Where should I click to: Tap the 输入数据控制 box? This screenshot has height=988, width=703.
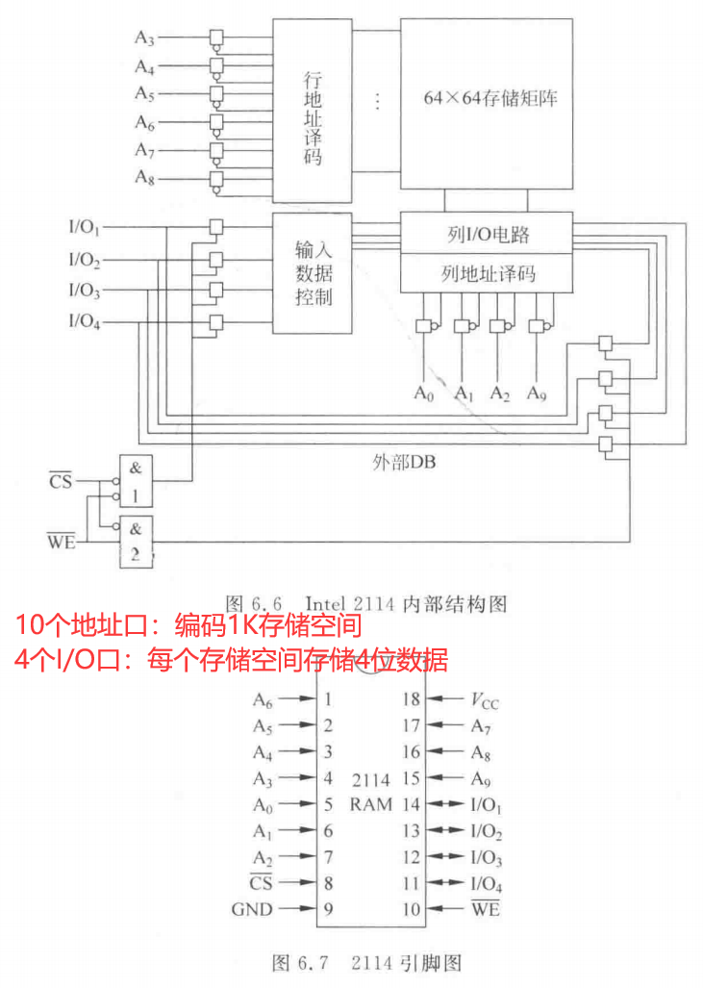pyautogui.click(x=312, y=274)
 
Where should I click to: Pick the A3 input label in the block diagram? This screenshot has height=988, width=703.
pyautogui.click(x=144, y=38)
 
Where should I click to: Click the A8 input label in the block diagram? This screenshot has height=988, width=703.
pyautogui.click(x=144, y=178)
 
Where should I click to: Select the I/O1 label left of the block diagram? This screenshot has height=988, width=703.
pyautogui.click(x=85, y=229)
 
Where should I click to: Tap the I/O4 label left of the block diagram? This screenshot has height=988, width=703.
pyautogui.click(x=85, y=321)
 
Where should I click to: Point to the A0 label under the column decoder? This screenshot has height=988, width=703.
pyautogui.click(x=423, y=393)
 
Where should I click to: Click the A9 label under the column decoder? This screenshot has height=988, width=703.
pyautogui.click(x=537, y=393)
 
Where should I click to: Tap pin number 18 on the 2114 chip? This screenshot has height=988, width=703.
pyautogui.click(x=412, y=700)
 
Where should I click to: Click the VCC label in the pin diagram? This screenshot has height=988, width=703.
pyautogui.click(x=485, y=701)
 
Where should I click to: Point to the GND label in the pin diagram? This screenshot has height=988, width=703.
pyautogui.click(x=252, y=909)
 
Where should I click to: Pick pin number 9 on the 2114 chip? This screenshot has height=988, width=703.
pyautogui.click(x=329, y=909)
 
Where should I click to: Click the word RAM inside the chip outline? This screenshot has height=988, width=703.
pyautogui.click(x=370, y=804)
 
